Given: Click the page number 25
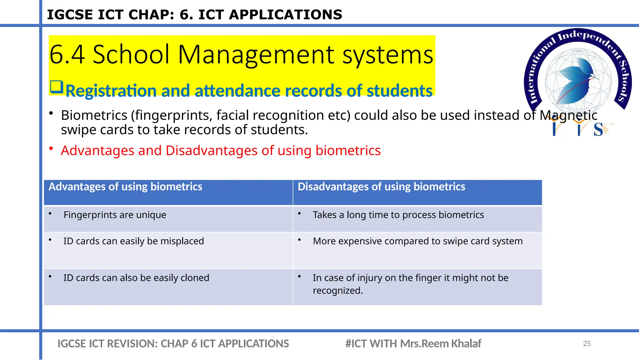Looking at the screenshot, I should pyautogui.click(x=587, y=343).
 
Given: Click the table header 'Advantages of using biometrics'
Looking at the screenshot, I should pyautogui.click(x=125, y=187).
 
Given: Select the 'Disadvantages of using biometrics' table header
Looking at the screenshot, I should pyautogui.click(x=381, y=187).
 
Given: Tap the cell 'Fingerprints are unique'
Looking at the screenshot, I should pyautogui.click(x=115, y=215).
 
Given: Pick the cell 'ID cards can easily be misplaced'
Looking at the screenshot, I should pyautogui.click(x=133, y=241).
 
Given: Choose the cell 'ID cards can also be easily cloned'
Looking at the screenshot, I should pyautogui.click(x=136, y=278).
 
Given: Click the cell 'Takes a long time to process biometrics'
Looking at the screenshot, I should pyautogui.click(x=398, y=215).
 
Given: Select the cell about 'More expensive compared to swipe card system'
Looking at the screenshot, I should pyautogui.click(x=417, y=241).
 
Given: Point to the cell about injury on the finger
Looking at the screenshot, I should pyautogui.click(x=410, y=284).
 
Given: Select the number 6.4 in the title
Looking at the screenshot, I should pyautogui.click(x=67, y=55).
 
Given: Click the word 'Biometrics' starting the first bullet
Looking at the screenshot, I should pyautogui.click(x=94, y=115).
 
